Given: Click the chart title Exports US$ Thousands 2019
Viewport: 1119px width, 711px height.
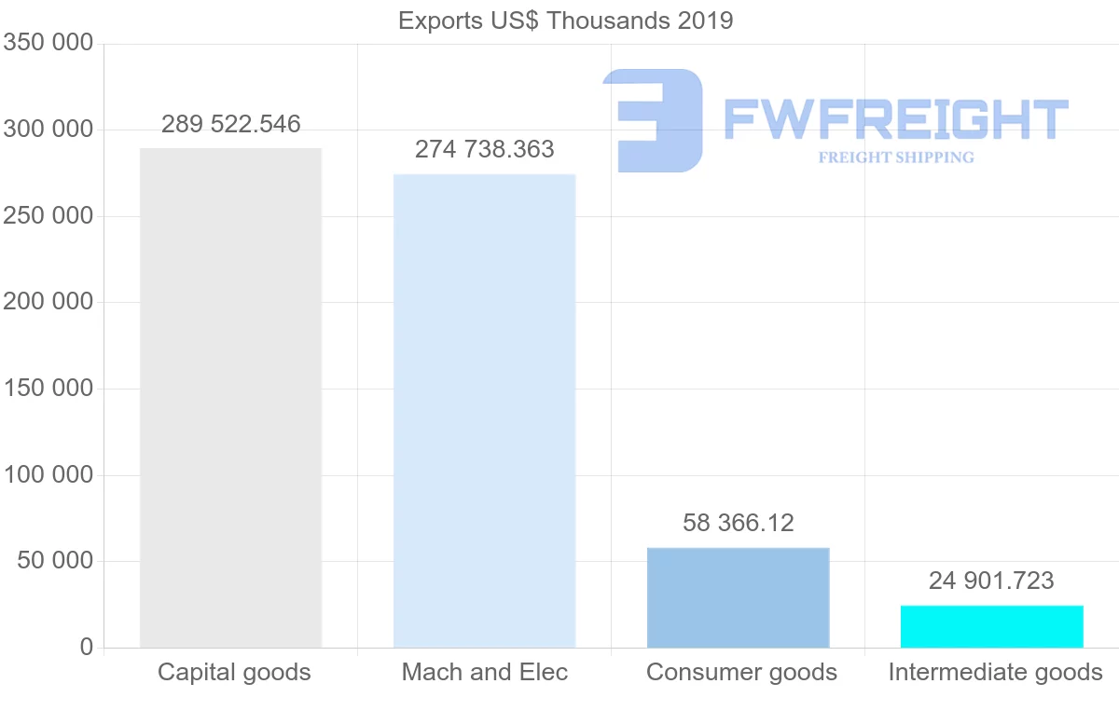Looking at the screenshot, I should [565, 20].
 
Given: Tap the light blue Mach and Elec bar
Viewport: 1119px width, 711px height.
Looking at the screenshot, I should [484, 410].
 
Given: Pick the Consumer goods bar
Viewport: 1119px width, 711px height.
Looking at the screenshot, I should [738, 597].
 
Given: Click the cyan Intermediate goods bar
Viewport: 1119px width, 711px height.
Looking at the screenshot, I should [991, 626].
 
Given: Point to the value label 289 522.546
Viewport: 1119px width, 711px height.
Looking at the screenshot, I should [231, 124].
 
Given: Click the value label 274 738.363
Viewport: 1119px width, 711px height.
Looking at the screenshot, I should [484, 149].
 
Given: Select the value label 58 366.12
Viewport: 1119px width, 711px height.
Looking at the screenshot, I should [739, 523].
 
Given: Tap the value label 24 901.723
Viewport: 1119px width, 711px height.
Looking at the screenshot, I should [991, 581].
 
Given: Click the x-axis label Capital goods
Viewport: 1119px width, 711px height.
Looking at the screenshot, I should [234, 672].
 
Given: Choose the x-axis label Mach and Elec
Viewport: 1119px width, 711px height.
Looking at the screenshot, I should [485, 672].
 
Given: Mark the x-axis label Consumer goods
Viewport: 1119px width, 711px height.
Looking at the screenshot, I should [741, 672].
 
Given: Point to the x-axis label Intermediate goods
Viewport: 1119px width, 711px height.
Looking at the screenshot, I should [995, 672].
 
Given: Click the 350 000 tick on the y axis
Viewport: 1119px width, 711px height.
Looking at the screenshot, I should [48, 43].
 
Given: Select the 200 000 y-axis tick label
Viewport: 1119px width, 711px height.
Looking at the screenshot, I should [48, 302].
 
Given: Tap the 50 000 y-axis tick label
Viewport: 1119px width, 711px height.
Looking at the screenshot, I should [55, 561].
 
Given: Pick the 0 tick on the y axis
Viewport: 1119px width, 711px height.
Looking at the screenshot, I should [87, 647].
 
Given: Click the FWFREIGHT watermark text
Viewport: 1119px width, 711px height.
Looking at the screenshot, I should [895, 119].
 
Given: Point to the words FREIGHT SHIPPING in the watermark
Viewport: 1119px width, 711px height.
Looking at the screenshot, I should [895, 157].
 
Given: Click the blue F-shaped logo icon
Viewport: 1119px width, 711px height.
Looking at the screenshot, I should [653, 120].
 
